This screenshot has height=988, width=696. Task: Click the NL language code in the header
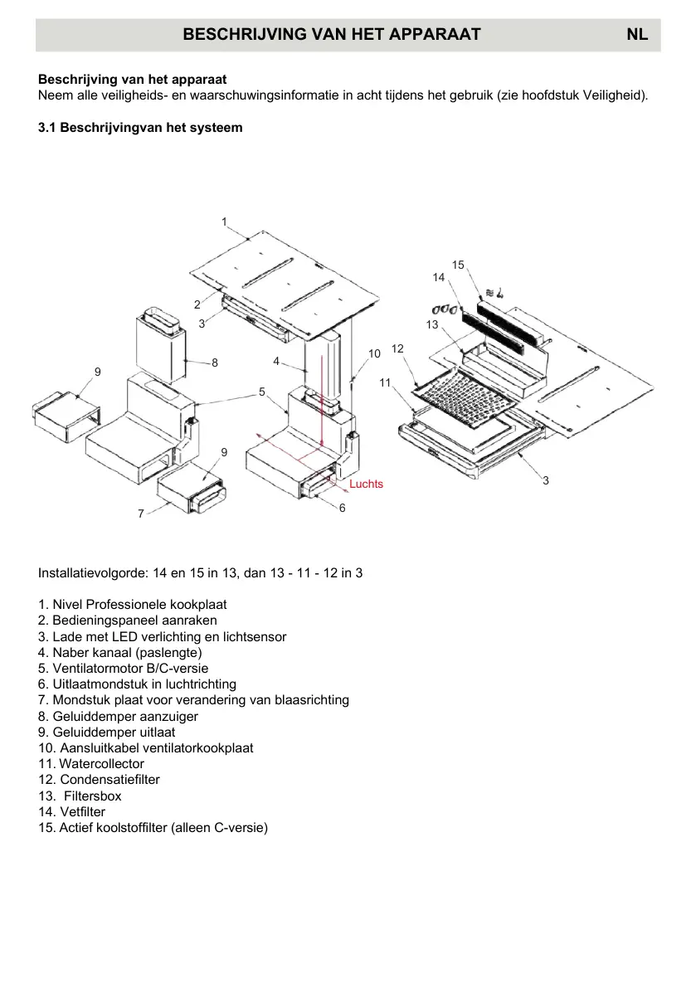coord(637,34)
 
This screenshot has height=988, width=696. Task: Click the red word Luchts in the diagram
coord(366,484)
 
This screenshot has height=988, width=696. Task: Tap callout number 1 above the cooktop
coord(224,221)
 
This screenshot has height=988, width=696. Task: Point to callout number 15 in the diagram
coord(458,265)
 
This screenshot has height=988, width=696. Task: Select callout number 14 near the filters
coord(439,277)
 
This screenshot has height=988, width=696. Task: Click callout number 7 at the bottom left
coord(141,513)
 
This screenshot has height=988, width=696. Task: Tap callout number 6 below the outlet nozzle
coord(342,508)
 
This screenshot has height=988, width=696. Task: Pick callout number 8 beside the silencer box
coord(214,363)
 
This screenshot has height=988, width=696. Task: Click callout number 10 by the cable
coord(374,353)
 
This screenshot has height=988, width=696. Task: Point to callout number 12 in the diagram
coord(397,348)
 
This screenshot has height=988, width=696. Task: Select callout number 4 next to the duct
coord(276,361)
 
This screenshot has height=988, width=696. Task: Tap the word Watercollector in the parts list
coord(101,763)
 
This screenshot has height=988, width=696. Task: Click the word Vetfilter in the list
coord(82,811)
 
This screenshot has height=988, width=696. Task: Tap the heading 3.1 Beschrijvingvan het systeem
coord(140,128)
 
